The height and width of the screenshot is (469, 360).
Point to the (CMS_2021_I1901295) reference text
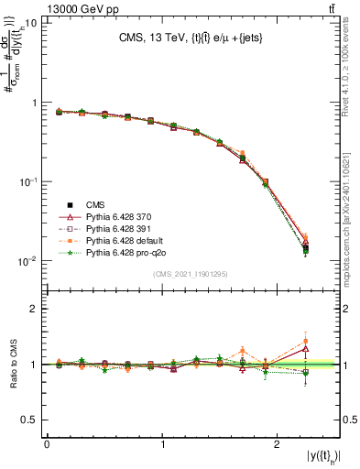click(191, 273)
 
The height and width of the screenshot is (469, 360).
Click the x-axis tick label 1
click(162, 444)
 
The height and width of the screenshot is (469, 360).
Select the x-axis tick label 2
click(277, 444)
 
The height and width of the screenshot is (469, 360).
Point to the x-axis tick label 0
click(47, 444)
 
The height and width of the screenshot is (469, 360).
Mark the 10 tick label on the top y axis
click(29, 23)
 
